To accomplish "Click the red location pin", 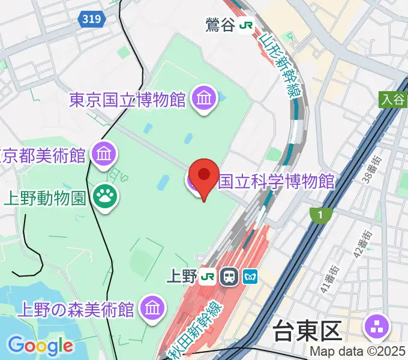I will coord(203,175).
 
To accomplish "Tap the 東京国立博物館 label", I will coord(128,99).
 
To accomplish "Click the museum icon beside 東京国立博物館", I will coord(205,97).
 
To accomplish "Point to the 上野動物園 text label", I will coord(46,198).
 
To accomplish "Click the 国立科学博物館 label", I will coord(277,181).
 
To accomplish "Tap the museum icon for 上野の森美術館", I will coord(152,309).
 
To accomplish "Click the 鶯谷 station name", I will coord(220,25).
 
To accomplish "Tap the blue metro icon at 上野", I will coord(250,277).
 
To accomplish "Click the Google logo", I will coord(40,345).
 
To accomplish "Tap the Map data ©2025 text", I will coord(358,352).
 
